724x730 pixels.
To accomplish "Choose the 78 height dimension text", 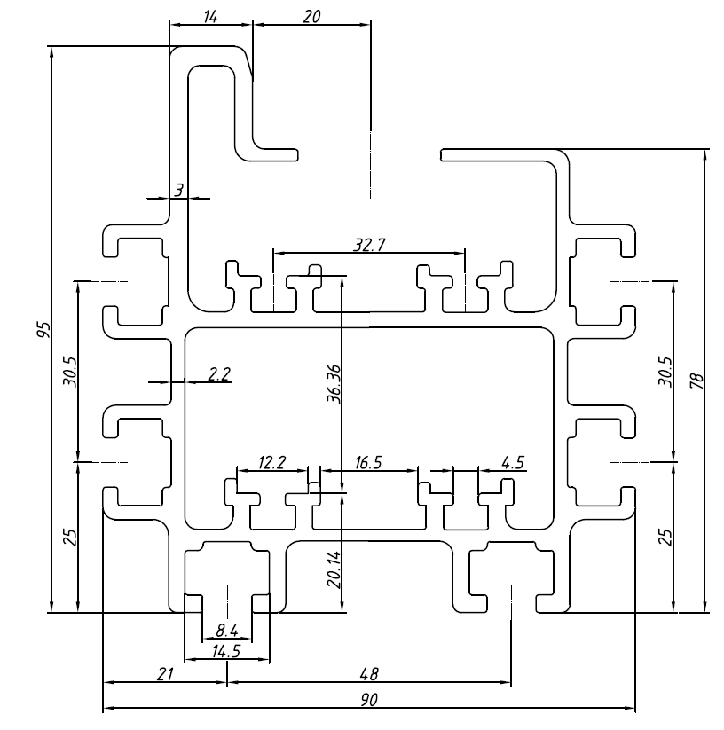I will pos(696,380).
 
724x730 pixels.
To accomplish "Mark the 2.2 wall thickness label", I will pos(218,373).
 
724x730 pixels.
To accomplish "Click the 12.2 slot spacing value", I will pos(271,462).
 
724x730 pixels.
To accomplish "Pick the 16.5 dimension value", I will pos(368,462).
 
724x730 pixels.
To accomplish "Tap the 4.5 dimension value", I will pos(512,462).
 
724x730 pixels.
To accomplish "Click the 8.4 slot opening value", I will pos(226,632).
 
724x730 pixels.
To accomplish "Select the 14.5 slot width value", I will pos(226,651).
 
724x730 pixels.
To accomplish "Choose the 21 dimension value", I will pos(164,675).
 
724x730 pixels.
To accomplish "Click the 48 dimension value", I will pos(368,675).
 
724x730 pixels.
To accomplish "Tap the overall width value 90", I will pos(368,700).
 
